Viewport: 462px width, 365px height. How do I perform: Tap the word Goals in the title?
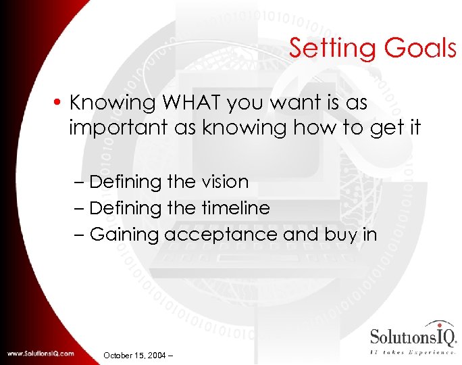pos(419,48)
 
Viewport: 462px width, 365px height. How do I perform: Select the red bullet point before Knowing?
pos(61,103)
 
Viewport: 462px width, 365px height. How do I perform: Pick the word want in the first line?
pos(305,103)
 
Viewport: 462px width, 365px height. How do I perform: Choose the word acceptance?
pos(220,235)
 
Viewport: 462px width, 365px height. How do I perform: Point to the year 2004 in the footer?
pos(159,355)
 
